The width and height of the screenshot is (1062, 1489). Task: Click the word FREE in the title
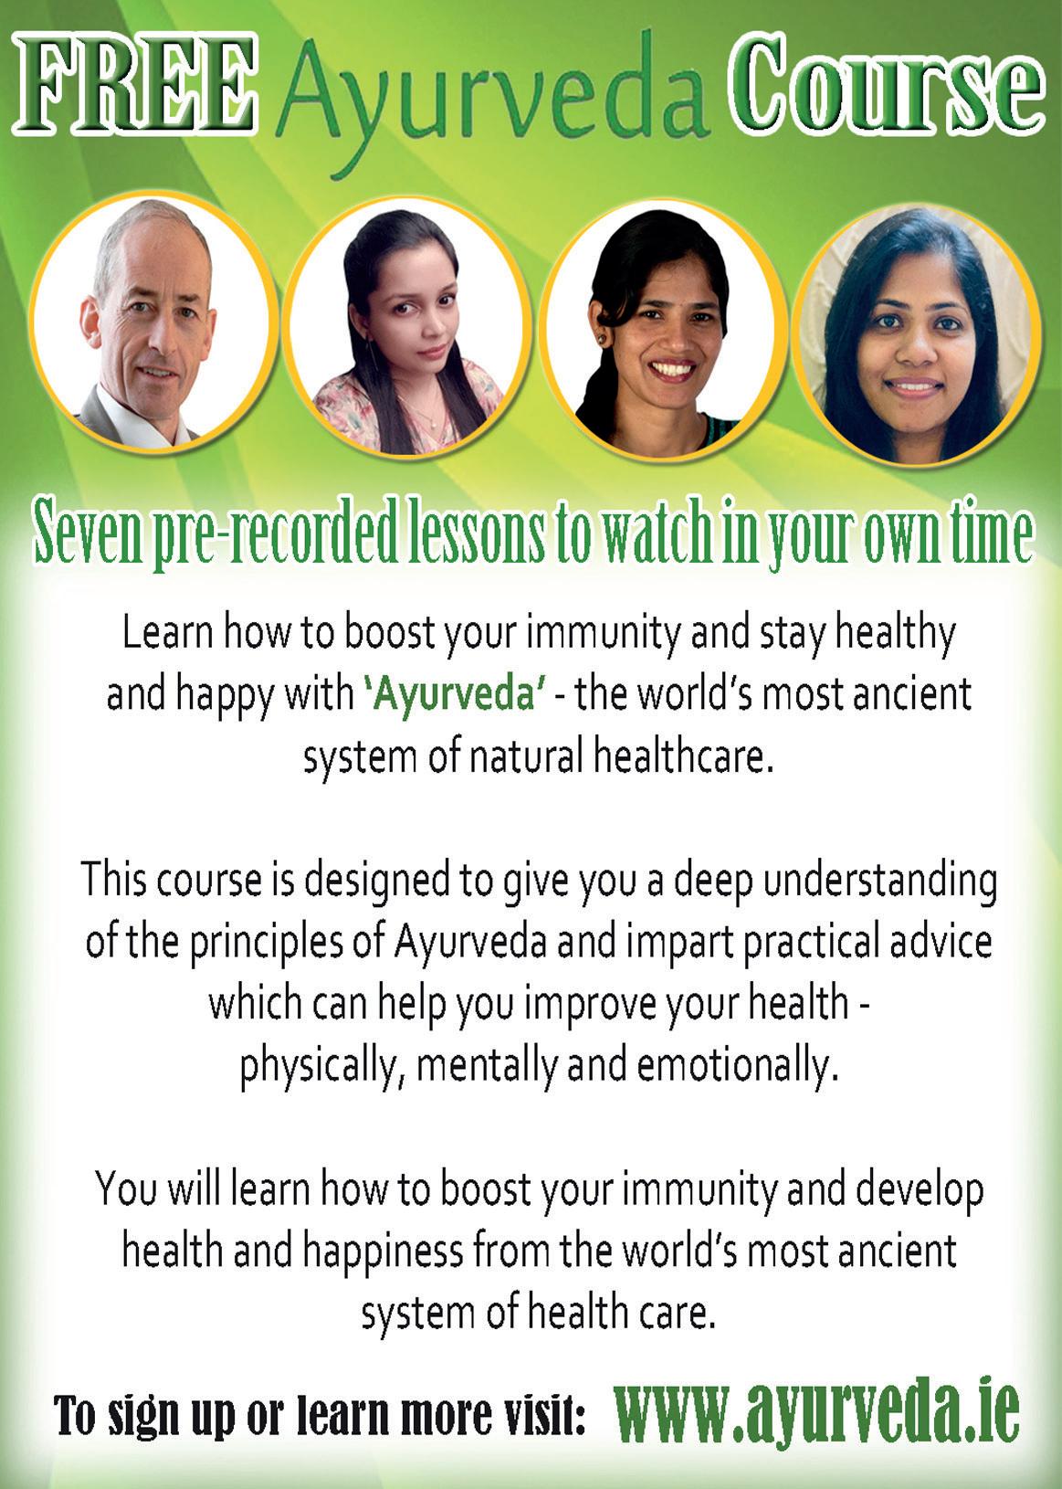135,82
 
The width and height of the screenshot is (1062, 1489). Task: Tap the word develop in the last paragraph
919,1192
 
